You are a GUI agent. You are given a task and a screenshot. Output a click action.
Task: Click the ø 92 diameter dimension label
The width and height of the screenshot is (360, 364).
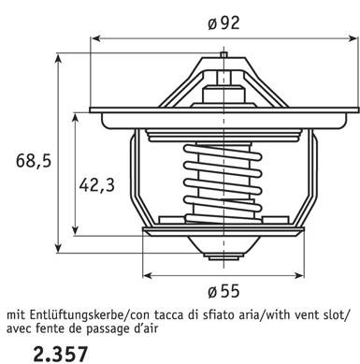(x=223, y=22)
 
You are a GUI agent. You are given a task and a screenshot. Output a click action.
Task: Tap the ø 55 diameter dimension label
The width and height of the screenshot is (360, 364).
(x=223, y=291)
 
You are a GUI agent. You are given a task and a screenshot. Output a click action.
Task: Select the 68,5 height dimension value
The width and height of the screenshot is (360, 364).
(x=34, y=161)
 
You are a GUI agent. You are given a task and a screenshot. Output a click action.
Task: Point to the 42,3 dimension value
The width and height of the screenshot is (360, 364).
(x=97, y=185)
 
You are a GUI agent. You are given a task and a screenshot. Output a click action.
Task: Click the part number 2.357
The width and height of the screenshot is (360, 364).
(x=60, y=354)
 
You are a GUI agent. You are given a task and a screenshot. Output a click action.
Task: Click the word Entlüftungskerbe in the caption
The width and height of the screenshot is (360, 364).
(x=77, y=315)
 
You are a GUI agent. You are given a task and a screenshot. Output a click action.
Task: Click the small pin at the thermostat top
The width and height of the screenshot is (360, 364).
(x=223, y=54)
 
